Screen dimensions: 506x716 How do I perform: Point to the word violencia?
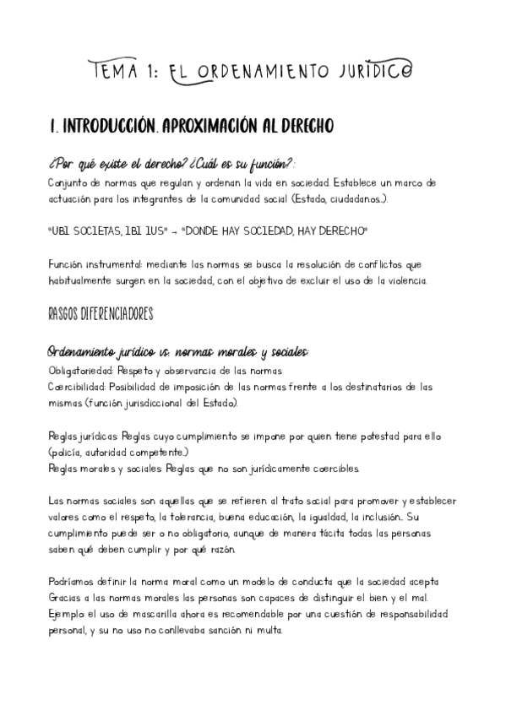click(x=408, y=279)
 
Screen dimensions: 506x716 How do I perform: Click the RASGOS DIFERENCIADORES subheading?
click(x=101, y=314)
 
